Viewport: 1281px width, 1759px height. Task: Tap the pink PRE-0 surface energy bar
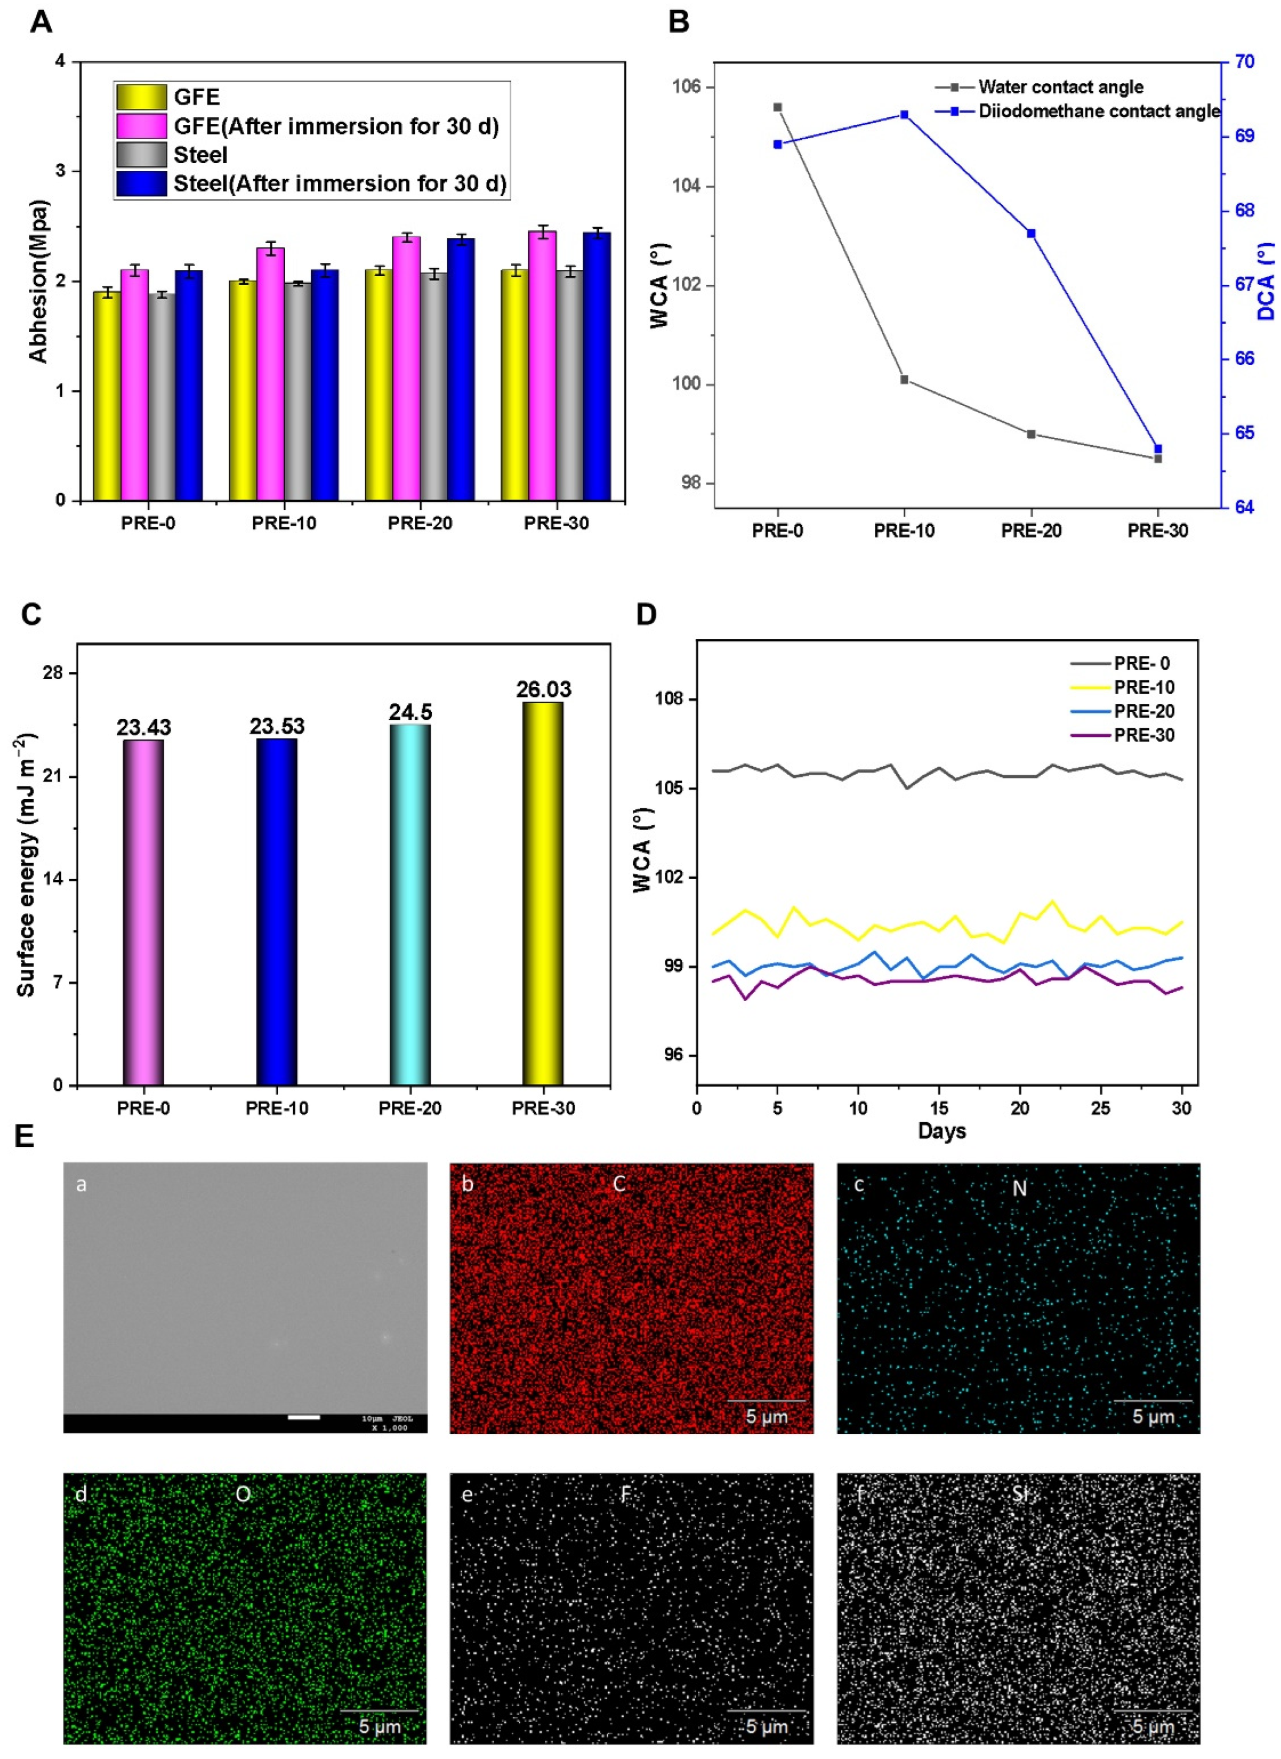pos(143,911)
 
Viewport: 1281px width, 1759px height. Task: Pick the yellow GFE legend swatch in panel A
pos(141,97)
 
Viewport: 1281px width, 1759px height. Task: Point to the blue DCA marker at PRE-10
pos(904,115)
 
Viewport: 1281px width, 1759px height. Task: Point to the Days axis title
pos(941,1131)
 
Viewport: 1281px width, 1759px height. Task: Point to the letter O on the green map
pos(243,1495)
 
